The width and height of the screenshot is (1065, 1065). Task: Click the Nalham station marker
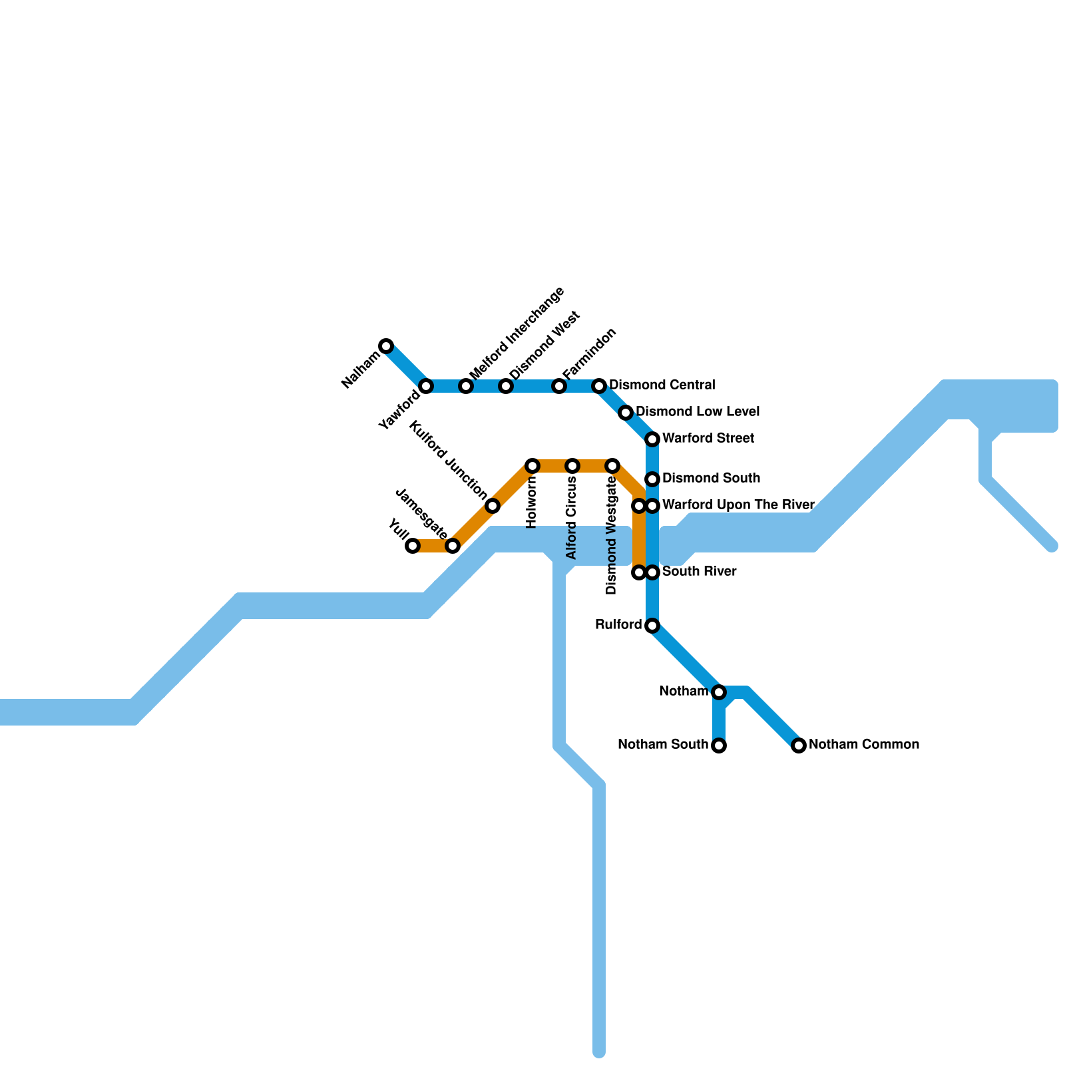[386, 346]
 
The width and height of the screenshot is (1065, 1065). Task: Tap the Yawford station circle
[426, 386]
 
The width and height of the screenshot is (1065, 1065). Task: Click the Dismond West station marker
[506, 386]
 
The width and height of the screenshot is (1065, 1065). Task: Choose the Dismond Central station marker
[599, 386]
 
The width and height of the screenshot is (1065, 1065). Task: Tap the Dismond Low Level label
[698, 412]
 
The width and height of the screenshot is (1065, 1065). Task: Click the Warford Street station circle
[652, 439]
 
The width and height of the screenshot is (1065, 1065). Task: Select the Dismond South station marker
[652, 479]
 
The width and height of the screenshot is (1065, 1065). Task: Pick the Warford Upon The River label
[738, 505]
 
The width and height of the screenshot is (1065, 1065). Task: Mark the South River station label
[699, 572]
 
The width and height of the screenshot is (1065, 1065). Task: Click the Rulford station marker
[652, 626]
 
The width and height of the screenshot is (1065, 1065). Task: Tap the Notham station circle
[719, 692]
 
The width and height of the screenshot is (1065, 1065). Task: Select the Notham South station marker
[719, 745]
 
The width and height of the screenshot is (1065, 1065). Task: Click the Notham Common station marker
[799, 745]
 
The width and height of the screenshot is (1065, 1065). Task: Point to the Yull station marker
[413, 546]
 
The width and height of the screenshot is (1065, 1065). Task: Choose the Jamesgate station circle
[453, 546]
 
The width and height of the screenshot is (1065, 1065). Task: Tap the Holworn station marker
[532, 466]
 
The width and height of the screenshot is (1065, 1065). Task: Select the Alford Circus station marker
[572, 466]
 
